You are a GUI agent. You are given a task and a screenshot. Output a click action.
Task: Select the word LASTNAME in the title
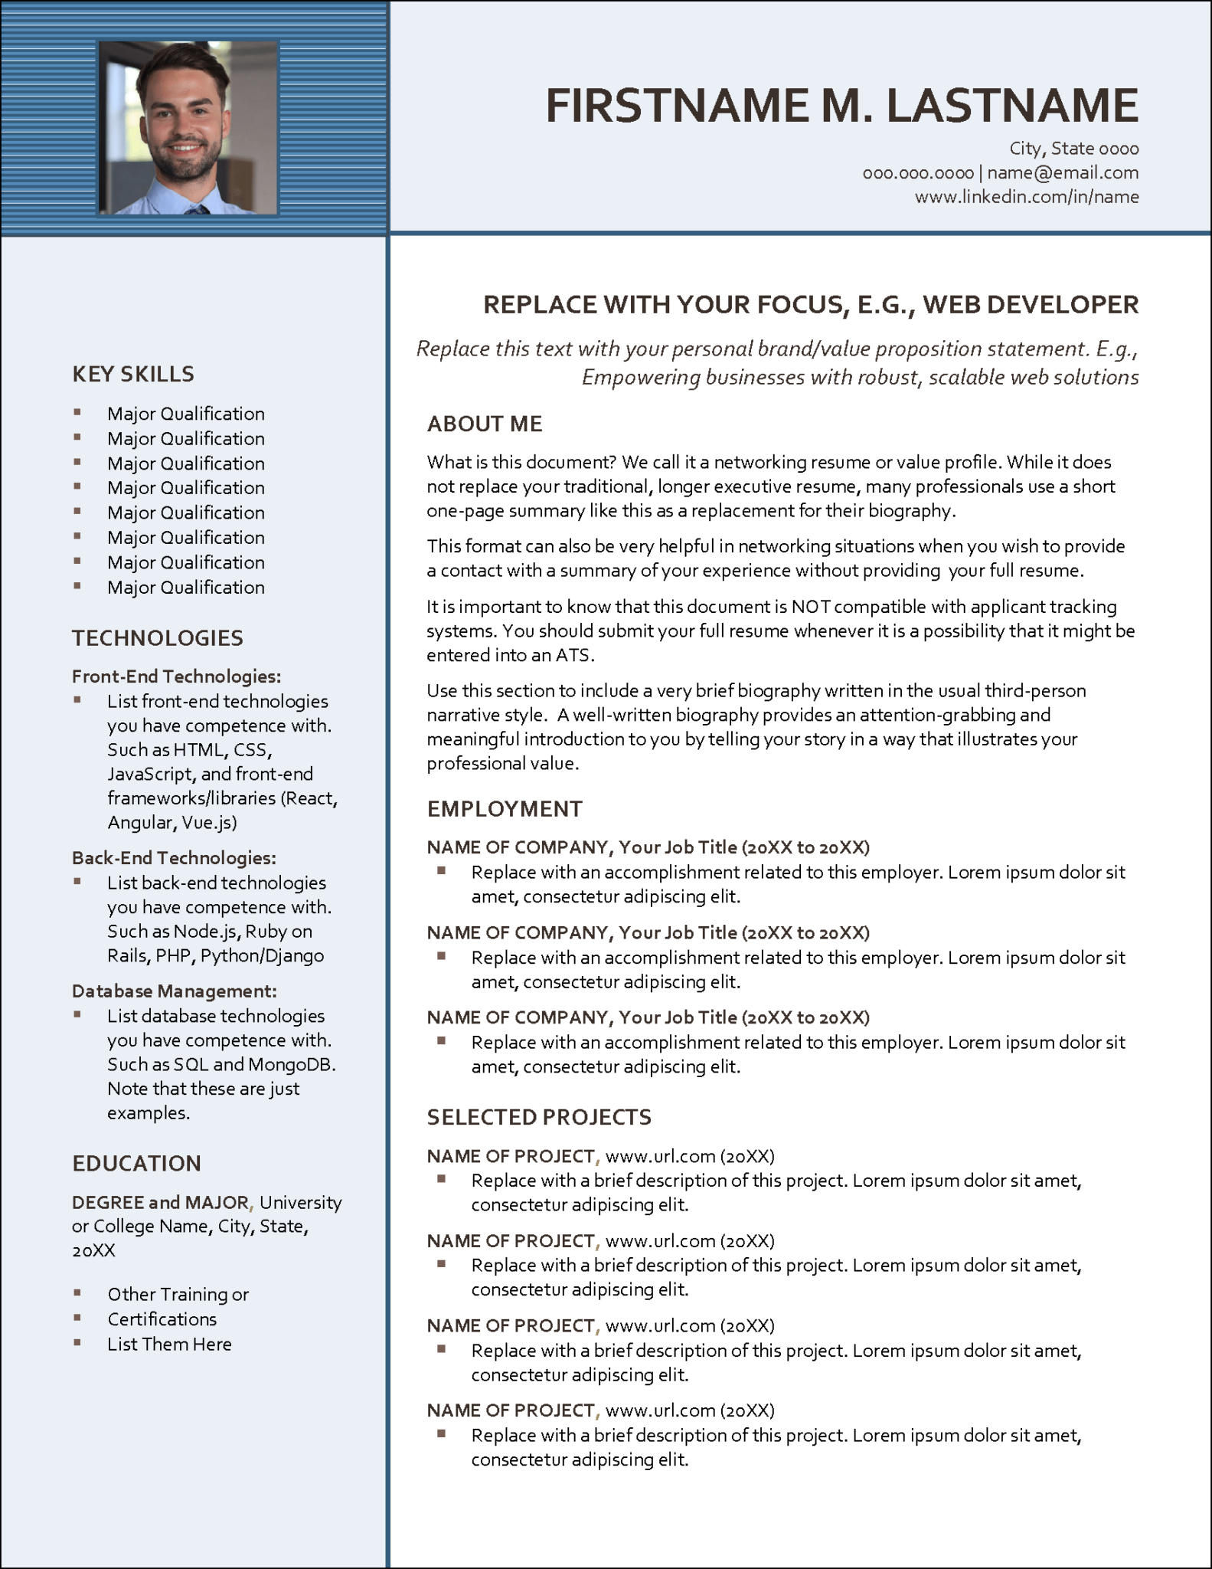[x=1012, y=105]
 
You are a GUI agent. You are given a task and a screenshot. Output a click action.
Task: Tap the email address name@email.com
[x=1063, y=172]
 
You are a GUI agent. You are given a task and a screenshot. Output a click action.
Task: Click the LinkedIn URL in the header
[x=1027, y=197]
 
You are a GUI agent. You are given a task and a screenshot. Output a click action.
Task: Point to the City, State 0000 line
[x=1073, y=148]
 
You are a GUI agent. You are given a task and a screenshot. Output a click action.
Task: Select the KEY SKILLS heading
[x=133, y=374]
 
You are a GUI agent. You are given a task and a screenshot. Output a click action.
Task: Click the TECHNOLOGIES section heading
[x=158, y=637]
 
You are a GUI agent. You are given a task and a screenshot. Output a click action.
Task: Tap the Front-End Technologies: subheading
[x=177, y=676]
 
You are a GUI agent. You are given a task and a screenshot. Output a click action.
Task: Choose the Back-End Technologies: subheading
[x=174, y=857]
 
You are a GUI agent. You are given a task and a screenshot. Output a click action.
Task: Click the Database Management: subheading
[x=175, y=991]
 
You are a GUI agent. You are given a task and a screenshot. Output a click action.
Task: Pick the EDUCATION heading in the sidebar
[x=136, y=1163]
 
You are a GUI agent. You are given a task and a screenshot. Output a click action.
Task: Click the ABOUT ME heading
[x=485, y=424]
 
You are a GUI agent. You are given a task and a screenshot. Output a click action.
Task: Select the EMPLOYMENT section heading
[x=505, y=809]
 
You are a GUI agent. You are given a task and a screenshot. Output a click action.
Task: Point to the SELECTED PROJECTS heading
[x=539, y=1117]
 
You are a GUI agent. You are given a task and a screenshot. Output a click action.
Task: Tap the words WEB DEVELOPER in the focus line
[x=1031, y=304]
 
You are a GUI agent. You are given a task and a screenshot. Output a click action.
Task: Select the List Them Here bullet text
[x=169, y=1344]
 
